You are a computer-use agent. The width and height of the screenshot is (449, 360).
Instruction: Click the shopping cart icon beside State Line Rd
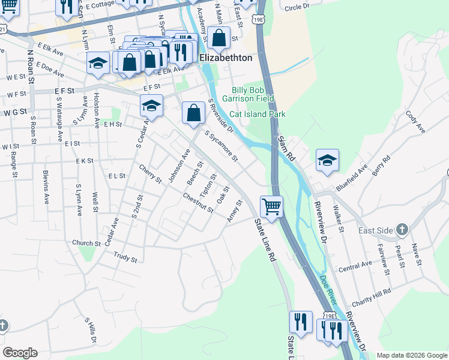click(272, 207)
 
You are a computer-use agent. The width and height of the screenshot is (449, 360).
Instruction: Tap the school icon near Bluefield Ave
click(328, 160)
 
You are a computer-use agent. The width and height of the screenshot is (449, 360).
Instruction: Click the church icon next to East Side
click(402, 230)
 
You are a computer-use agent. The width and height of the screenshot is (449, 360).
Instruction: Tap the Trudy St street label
click(125, 257)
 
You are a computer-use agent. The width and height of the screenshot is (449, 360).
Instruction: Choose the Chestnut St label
click(198, 202)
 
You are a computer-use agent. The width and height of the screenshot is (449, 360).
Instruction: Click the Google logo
click(20, 353)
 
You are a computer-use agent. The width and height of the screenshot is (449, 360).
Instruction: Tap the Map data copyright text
click(412, 355)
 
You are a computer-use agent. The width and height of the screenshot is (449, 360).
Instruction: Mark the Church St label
click(86, 244)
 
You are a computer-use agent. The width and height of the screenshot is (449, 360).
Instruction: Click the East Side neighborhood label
click(375, 230)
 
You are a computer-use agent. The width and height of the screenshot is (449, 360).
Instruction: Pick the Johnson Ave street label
click(179, 166)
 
